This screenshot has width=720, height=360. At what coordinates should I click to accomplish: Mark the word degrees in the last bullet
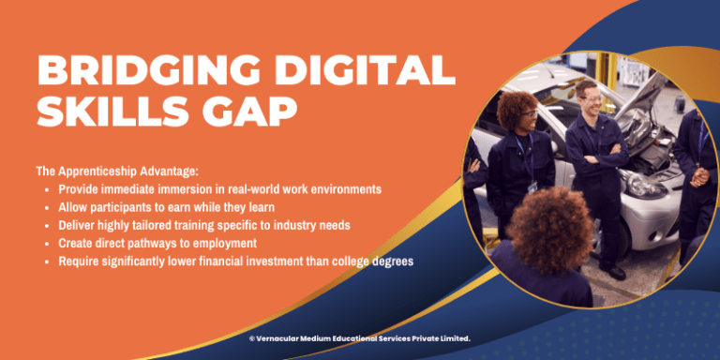[x=390, y=261]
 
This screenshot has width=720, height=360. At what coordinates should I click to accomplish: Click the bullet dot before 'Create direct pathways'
[x=48, y=244]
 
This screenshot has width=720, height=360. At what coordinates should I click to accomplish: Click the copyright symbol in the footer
[x=252, y=338]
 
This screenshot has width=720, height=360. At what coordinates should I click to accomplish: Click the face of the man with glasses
[x=589, y=97]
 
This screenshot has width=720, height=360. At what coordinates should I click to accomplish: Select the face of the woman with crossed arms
[x=524, y=119]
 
